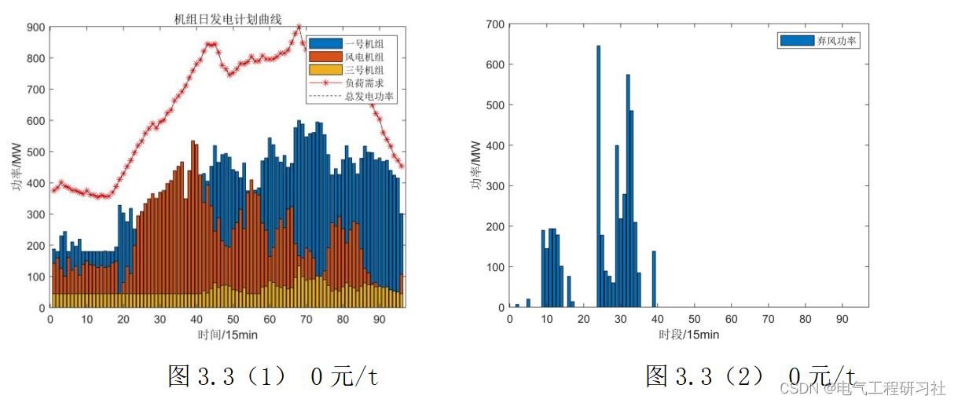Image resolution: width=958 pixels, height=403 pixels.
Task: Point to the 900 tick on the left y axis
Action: pos(35,27)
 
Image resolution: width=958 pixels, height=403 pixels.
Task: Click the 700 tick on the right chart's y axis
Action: pos(494,24)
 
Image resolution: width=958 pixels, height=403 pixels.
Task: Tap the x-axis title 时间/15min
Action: pos(227,335)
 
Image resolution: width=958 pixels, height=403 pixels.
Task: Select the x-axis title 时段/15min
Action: pos(688,335)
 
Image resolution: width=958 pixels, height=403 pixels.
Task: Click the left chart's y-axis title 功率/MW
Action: pos(17,167)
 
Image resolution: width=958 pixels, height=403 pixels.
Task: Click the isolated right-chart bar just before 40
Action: pos(653,280)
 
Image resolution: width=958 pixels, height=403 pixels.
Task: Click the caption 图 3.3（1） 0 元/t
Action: pos(273,376)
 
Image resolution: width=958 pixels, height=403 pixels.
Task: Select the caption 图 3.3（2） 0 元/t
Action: pos(751,376)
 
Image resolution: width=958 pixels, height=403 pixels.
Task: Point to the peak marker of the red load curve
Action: pos(298,27)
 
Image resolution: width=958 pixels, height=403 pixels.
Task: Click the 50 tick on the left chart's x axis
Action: pos(233,320)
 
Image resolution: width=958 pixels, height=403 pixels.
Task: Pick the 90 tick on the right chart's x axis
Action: pos(842,320)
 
